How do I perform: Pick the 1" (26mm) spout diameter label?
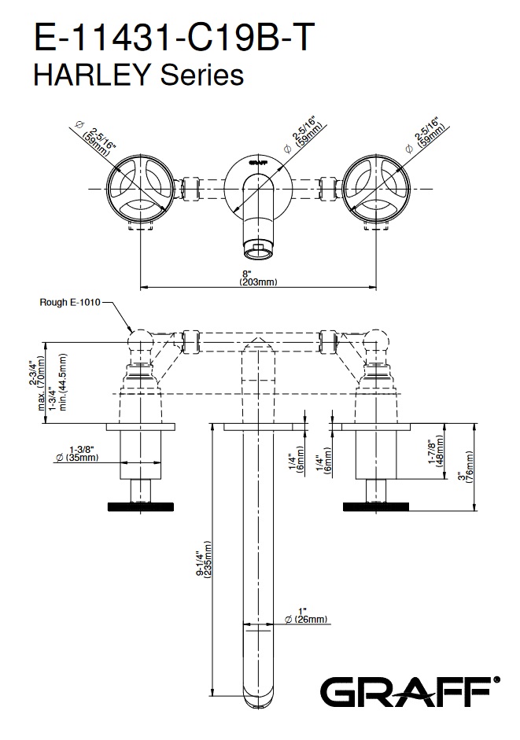(x=301, y=615)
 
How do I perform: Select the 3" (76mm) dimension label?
(x=466, y=470)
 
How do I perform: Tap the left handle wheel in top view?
(x=140, y=189)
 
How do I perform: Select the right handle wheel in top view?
(x=377, y=189)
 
